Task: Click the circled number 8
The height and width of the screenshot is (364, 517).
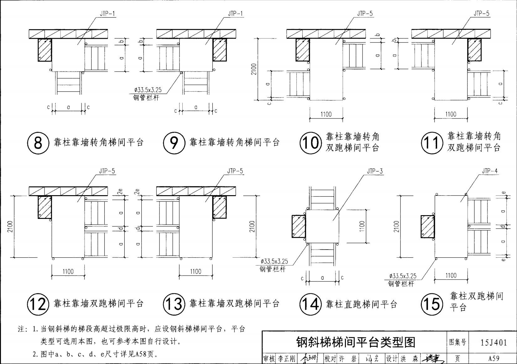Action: [38, 143]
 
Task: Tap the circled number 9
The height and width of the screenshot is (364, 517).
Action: [174, 143]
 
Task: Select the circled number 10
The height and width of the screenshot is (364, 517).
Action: [310, 143]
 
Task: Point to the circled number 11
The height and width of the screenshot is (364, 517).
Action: [432, 143]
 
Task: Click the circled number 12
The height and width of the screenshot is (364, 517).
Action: [38, 304]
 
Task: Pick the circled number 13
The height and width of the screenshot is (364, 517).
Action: [174, 304]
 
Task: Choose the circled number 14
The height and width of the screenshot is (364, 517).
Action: [310, 304]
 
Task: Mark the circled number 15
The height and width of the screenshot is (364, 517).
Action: [432, 304]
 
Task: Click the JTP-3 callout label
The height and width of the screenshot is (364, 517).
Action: [375, 171]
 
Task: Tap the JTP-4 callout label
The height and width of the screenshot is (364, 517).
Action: [489, 171]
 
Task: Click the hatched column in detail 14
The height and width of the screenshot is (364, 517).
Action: [299, 226]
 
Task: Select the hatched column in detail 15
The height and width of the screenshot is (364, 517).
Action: [427, 226]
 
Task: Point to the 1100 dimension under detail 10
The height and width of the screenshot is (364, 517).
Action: [326, 114]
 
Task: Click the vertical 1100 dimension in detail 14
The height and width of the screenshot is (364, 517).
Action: [362, 226]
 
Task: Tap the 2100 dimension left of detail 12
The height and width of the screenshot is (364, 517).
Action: [10, 226]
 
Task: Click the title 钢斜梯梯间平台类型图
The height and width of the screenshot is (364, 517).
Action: [355, 342]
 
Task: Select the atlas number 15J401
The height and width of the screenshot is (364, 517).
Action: [494, 342]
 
